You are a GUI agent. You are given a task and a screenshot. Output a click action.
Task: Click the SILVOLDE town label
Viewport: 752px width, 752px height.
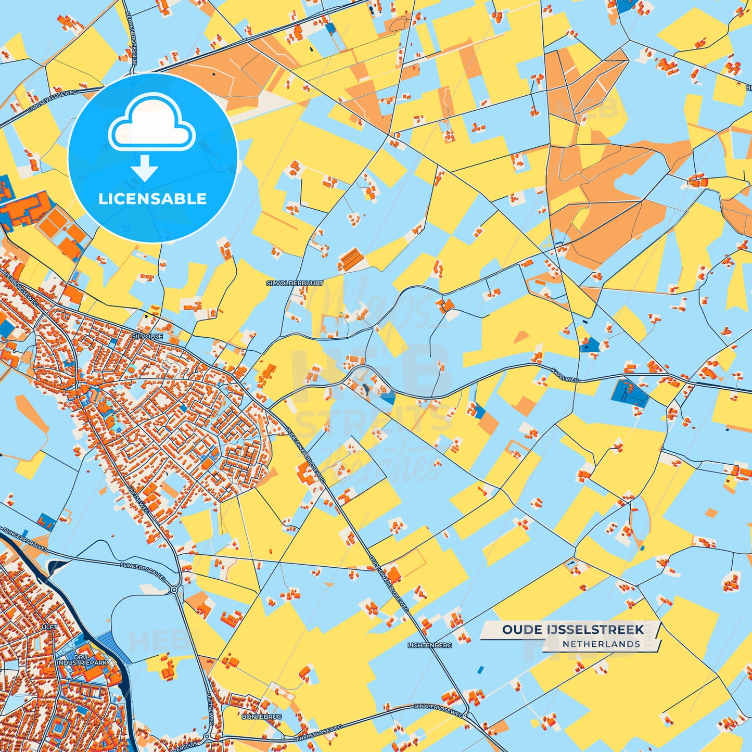147,337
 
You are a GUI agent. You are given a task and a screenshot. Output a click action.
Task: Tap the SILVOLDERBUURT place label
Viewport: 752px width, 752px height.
295,283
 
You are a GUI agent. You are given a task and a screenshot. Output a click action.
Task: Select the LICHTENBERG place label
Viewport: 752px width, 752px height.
430,645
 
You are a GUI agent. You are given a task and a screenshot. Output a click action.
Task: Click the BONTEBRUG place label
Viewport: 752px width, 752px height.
262,717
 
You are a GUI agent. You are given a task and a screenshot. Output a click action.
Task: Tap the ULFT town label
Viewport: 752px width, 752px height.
49,627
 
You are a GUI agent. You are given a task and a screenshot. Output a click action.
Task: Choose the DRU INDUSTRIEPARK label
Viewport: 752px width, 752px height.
82,659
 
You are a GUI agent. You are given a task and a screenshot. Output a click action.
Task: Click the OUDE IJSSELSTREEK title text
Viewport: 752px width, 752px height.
572,630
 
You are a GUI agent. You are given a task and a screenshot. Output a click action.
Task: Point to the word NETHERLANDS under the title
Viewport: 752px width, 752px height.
601,644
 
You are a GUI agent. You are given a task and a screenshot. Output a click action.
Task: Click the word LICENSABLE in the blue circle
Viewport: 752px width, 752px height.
152,199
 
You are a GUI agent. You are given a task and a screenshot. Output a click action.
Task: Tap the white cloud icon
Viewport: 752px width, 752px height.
151,122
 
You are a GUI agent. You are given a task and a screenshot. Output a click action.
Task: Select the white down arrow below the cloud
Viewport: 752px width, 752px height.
145,168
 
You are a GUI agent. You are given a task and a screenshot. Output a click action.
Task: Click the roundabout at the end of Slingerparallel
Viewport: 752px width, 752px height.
174,590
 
